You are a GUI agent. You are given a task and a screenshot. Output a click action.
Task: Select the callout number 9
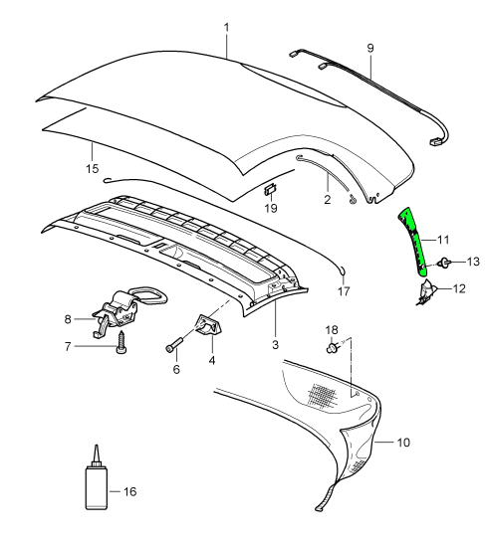(370, 47)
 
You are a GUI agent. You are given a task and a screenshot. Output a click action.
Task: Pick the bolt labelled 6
(175, 345)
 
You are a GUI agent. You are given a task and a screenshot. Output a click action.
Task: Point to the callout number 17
(344, 292)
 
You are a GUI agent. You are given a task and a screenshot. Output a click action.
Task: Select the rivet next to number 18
(334, 349)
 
